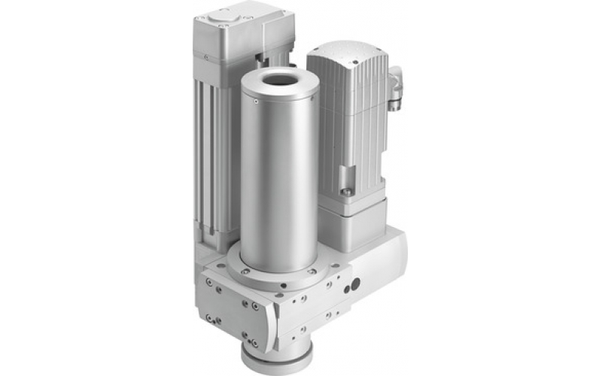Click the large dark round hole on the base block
355,284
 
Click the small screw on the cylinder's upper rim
257,102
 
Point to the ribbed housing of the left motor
214,150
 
